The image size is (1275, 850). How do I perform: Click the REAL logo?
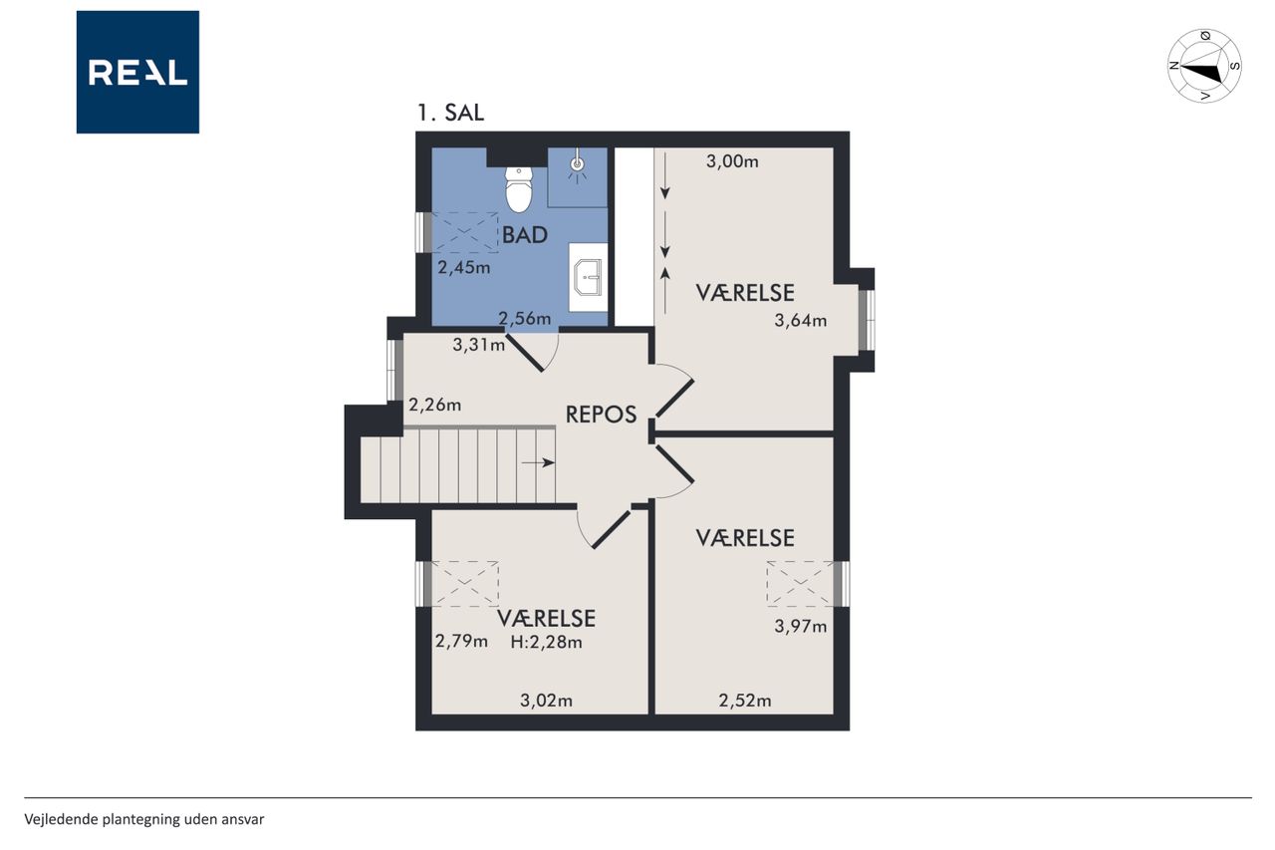pos(137,73)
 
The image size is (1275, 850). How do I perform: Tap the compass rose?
pos(1204,66)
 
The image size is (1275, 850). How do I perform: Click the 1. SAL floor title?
pos(451,113)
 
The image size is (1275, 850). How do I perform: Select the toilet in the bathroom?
pos(519,189)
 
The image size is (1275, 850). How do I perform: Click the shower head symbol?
pos(577,165)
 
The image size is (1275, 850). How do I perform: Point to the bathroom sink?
pos(588,277)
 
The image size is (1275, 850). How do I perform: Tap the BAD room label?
pos(524,235)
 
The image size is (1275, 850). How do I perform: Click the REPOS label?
pos(601,415)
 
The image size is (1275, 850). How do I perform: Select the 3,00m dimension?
pos(732,161)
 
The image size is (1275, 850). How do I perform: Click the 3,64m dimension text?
pos(800,321)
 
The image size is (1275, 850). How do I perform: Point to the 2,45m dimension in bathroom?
pos(463,268)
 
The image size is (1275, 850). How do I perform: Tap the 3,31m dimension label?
pos(478,345)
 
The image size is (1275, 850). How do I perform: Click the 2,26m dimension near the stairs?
pos(435,405)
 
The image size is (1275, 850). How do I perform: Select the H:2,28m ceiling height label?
pos(546,642)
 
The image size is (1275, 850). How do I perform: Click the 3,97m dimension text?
pos(800,626)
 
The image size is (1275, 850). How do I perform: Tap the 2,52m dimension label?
pos(744,701)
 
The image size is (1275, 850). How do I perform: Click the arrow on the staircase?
pos(538,462)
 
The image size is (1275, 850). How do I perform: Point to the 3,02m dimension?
pos(546,701)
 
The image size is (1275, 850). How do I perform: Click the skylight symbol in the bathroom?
pos(465,232)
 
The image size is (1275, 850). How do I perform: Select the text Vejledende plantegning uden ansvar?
pos(144,819)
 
